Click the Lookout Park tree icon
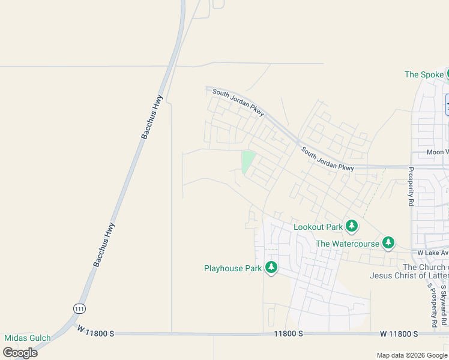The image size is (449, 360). point(352,226)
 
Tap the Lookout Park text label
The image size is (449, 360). point(318,227)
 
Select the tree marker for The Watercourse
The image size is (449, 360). point(389,242)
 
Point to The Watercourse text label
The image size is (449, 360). point(348,244)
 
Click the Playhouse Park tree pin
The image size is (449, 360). point(271,268)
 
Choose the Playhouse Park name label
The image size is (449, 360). point(233,268)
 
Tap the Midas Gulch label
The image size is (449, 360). point(28,338)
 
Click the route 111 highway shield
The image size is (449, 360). point(79,308)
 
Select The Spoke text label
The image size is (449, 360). point(424,74)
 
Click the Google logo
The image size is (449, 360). point(20,352)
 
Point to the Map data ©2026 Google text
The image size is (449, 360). point(412,355)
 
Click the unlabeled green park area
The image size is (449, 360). point(247,161)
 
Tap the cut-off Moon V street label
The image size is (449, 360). point(438,152)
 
